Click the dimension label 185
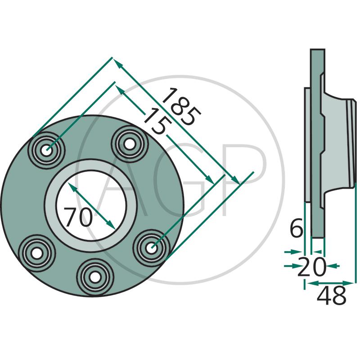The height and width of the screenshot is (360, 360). point(182,107)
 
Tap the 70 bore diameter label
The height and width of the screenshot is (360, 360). point(78,217)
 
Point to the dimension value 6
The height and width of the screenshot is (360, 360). point(297,228)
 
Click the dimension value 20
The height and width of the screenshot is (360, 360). point(311,267)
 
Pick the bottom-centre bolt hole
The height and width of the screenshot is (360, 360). point(95,277)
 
